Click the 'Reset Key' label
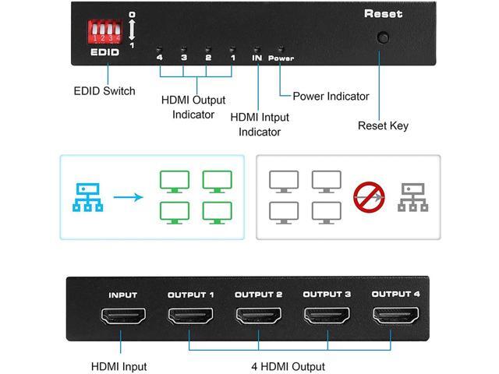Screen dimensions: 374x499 click(x=383, y=125)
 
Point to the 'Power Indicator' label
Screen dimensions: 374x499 click(x=331, y=97)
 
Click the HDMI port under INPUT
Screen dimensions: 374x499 click(x=122, y=317)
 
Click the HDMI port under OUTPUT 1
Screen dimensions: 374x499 click(x=190, y=317)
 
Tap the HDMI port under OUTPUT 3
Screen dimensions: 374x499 click(x=327, y=317)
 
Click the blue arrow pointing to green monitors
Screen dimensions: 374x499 click(x=129, y=198)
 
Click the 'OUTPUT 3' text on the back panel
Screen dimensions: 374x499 click(x=327, y=295)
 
